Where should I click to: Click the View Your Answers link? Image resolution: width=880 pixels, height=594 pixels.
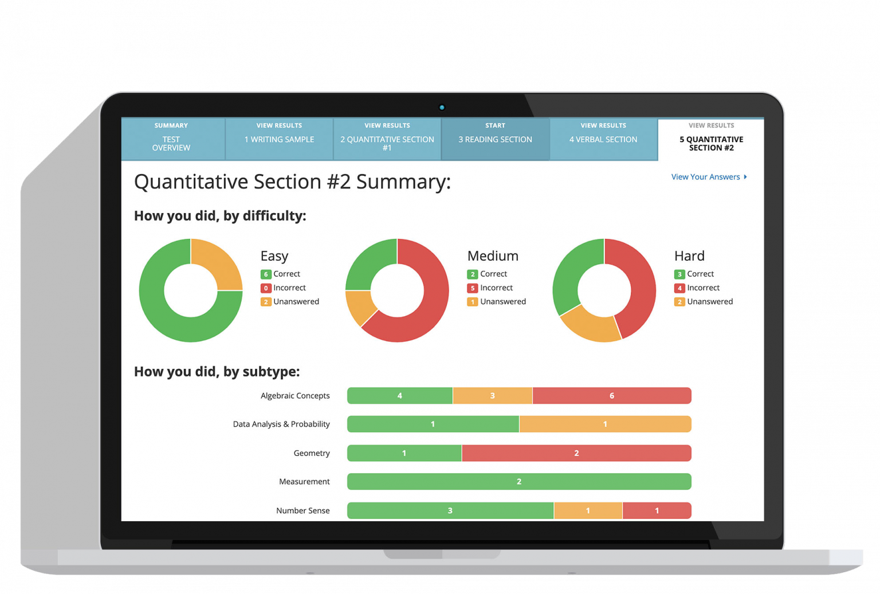point(709,177)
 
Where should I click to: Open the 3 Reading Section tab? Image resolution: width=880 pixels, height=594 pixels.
point(495,139)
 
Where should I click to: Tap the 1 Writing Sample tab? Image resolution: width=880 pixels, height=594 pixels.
point(279,139)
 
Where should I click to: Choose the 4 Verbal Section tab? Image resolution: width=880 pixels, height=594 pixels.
point(603,139)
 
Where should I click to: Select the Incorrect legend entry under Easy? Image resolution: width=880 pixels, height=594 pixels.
point(284,288)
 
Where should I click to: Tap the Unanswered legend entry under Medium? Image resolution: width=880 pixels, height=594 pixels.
point(497,302)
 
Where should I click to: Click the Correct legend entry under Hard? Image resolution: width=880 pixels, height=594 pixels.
point(694,274)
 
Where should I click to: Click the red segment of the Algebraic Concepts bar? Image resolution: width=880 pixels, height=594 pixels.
point(611,396)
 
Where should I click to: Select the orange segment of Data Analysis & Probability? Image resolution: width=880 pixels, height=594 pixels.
point(605,424)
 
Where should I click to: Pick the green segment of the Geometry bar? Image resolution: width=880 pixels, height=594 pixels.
point(404,453)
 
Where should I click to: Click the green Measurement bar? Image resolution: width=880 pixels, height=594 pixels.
point(519,482)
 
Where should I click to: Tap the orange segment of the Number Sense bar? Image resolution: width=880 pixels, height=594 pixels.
point(588,510)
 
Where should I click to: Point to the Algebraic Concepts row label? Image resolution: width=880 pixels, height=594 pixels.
point(295,396)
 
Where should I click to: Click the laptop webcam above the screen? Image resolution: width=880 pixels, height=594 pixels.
point(442,107)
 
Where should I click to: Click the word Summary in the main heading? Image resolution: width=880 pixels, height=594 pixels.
point(403,182)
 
